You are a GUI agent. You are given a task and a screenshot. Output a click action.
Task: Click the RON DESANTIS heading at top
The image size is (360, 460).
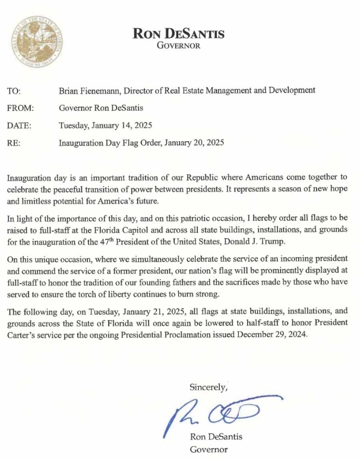coord(178,34)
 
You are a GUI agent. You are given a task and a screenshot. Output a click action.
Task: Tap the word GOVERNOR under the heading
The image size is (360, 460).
coord(178,45)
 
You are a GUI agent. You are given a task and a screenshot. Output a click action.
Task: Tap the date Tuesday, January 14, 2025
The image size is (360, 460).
coord(106,125)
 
